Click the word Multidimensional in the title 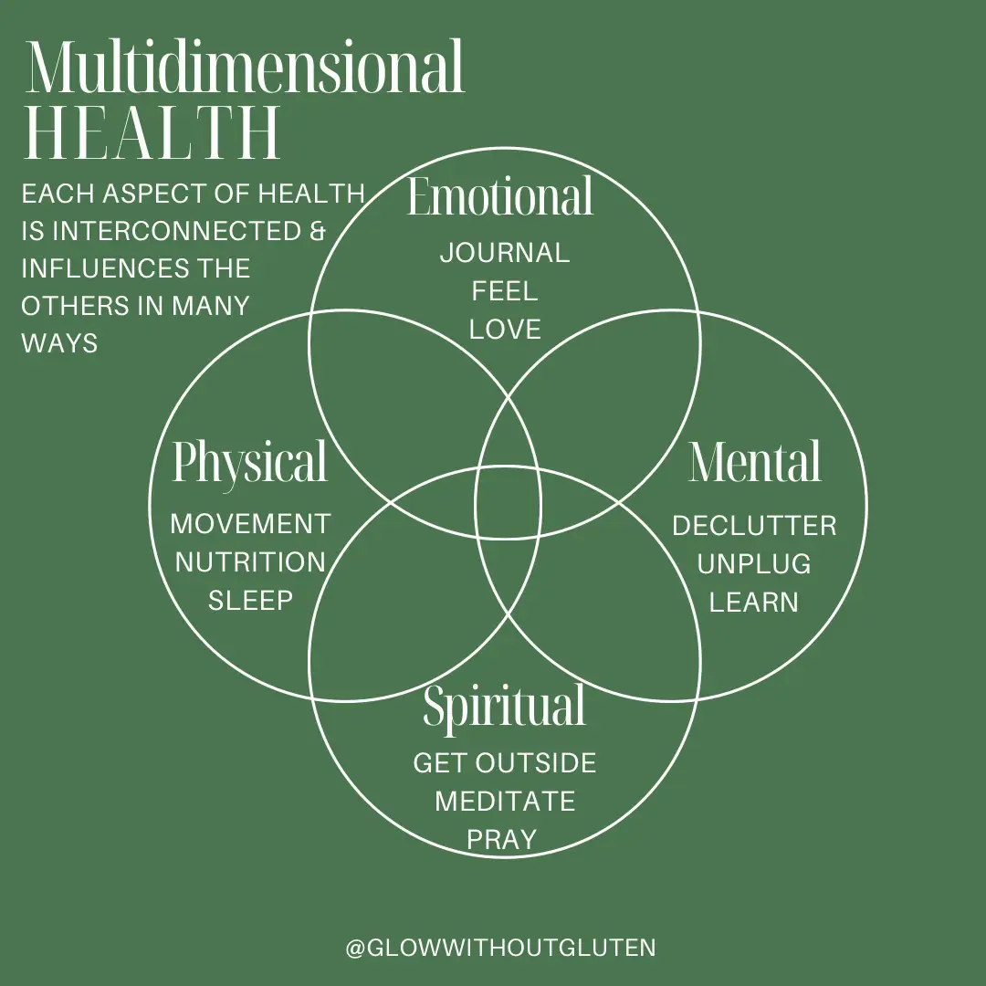246,68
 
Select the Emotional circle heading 500,197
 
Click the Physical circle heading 249,464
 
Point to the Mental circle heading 755,463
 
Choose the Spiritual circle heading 504,706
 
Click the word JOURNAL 505,253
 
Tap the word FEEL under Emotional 505,291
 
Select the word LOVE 505,330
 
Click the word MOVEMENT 250,524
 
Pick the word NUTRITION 250,562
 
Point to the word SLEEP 250,601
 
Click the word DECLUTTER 754,526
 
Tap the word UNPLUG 754,564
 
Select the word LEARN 754,603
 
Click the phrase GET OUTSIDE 505,763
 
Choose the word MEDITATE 505,802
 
